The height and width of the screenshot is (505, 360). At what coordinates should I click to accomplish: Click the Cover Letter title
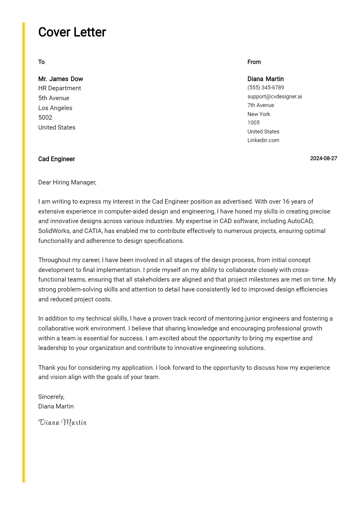click(x=72, y=32)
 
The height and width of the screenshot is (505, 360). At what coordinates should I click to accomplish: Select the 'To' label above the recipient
click(x=41, y=62)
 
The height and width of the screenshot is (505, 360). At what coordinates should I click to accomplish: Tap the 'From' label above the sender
click(x=254, y=62)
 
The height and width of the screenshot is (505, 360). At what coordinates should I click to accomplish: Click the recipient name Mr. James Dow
click(x=61, y=79)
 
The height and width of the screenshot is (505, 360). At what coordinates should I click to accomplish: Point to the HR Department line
click(x=59, y=88)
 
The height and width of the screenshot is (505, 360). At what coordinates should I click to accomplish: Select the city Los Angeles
click(x=55, y=108)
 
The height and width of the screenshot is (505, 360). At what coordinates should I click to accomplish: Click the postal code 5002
click(x=45, y=118)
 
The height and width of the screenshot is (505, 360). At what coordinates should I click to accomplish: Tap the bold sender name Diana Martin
click(x=265, y=79)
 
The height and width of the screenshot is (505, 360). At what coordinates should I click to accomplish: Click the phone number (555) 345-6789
click(x=265, y=88)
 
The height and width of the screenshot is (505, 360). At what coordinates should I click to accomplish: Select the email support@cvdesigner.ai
click(x=274, y=97)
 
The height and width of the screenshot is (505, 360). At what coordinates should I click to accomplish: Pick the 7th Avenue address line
click(x=260, y=105)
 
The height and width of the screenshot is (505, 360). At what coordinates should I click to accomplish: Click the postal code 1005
click(x=253, y=123)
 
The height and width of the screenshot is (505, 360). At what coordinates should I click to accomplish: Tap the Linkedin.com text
click(x=263, y=140)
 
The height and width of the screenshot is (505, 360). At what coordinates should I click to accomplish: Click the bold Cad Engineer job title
click(x=56, y=159)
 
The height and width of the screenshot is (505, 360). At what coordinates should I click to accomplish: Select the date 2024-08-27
click(x=323, y=158)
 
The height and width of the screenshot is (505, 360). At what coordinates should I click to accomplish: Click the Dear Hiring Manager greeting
click(x=67, y=182)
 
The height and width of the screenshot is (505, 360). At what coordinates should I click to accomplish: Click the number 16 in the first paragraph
click(x=286, y=202)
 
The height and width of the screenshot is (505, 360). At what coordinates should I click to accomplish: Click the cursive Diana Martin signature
click(x=62, y=422)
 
